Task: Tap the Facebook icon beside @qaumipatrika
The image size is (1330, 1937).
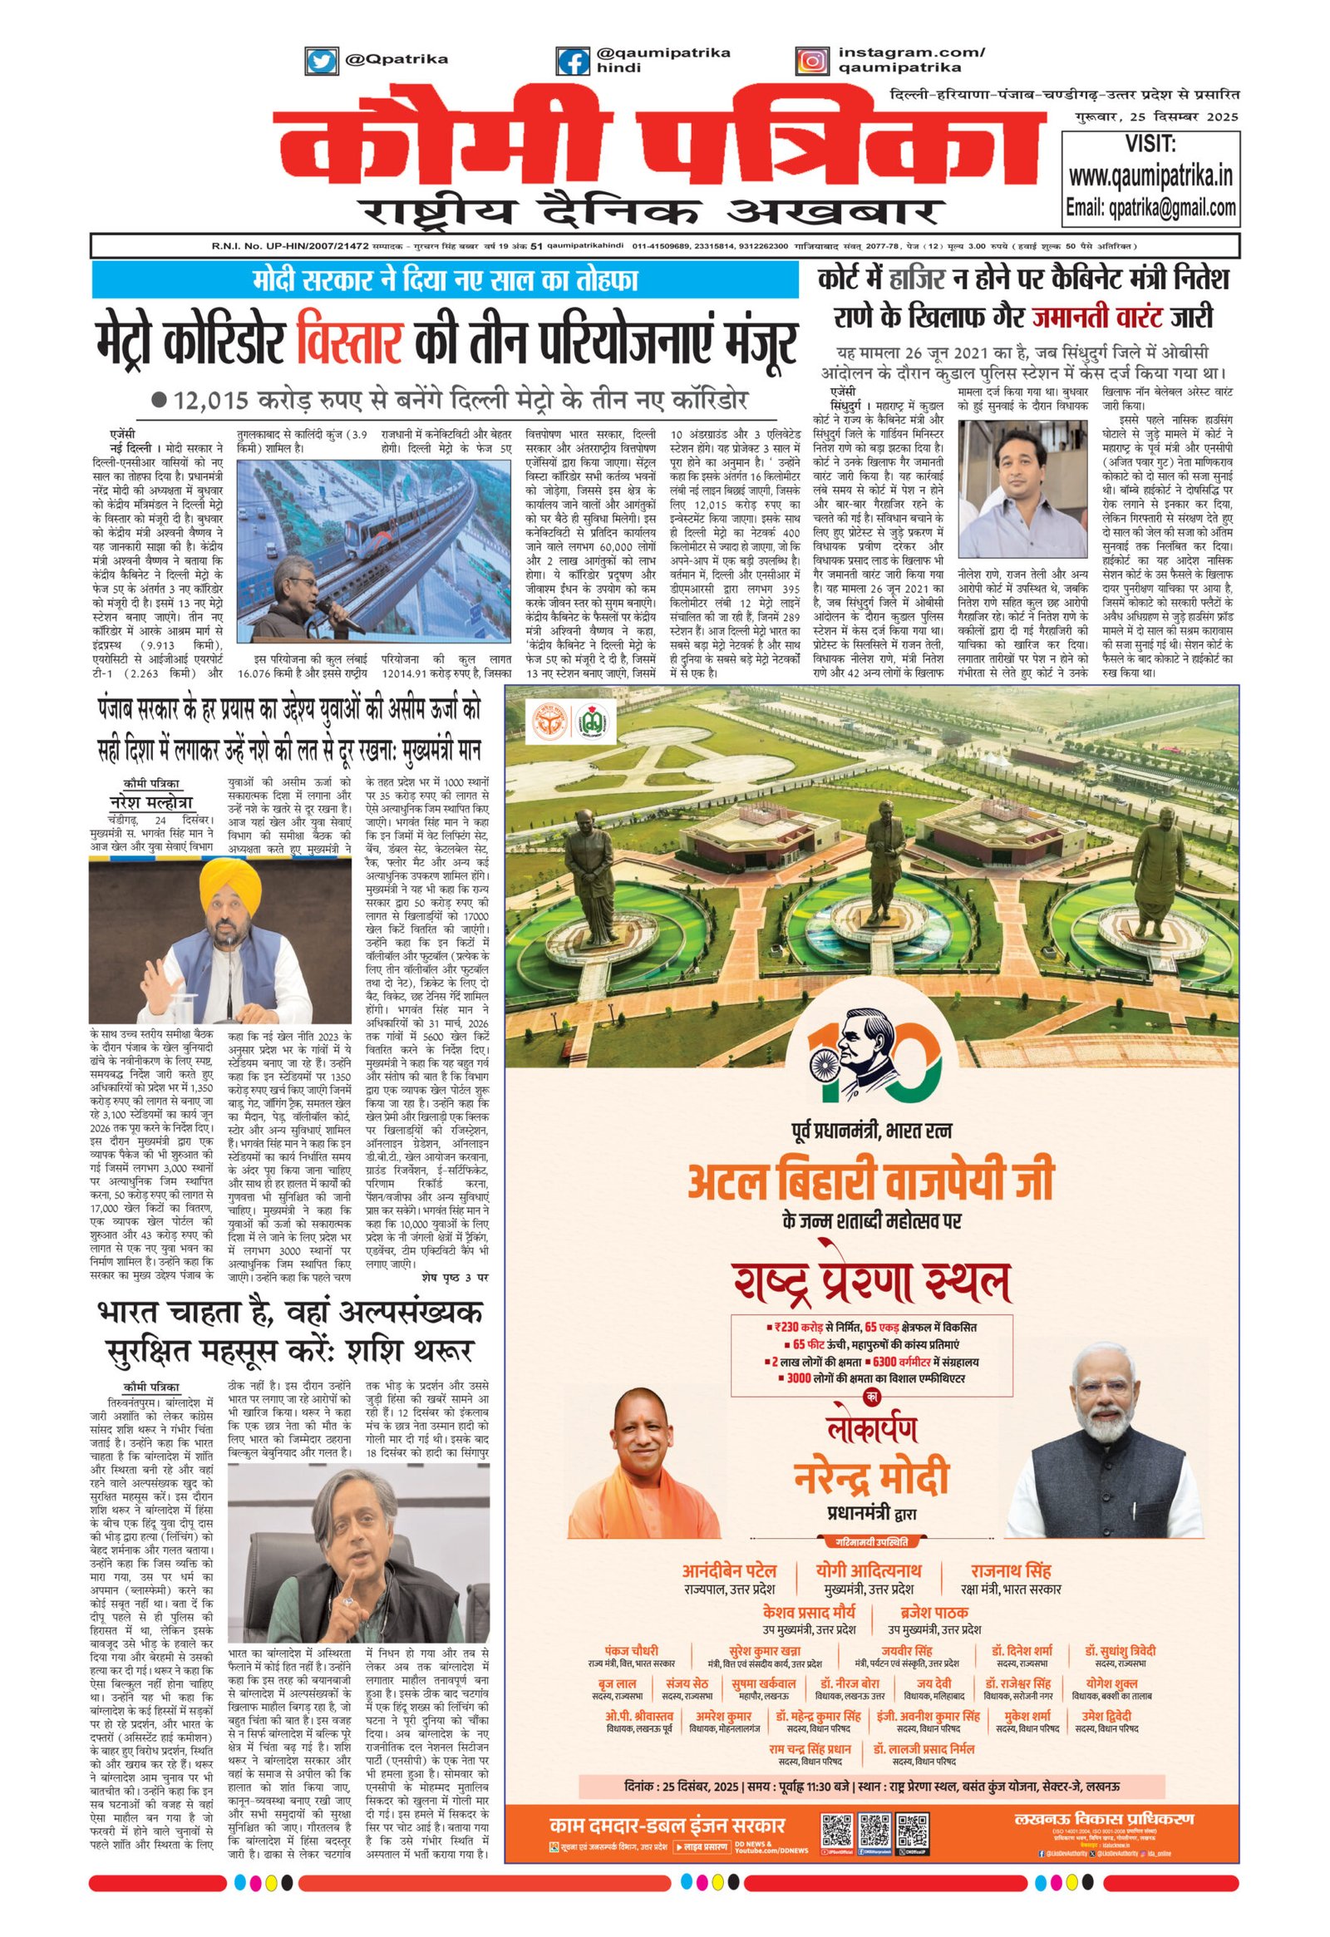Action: tap(574, 60)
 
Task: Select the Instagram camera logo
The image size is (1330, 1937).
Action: tap(813, 60)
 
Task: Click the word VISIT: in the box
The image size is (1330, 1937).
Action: tap(1150, 144)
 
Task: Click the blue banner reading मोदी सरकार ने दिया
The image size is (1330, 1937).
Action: tap(446, 281)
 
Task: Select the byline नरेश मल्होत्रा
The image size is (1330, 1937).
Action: tap(150, 801)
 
